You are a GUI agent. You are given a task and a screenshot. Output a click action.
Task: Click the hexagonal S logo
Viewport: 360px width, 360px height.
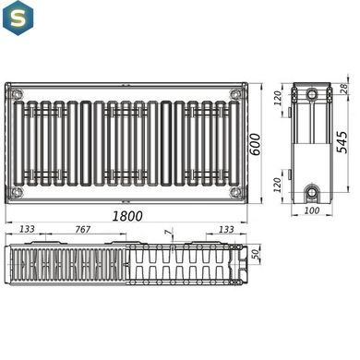18,18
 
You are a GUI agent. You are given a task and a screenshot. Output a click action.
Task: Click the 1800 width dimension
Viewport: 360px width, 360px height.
127,216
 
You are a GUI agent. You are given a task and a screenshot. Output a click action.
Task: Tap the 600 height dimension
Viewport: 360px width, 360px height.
255,144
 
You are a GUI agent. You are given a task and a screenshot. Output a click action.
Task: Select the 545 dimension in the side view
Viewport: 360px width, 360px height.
342,142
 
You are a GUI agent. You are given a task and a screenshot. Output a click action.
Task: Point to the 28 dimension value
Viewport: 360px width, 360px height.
344,89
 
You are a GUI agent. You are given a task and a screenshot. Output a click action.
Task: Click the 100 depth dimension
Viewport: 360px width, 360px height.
312,210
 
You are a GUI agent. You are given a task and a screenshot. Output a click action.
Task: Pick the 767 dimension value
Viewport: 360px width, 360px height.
83,229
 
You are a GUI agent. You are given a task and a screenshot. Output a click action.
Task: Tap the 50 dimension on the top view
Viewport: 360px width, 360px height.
255,255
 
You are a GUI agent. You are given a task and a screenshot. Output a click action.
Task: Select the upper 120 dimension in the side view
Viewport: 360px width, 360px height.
278,99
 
